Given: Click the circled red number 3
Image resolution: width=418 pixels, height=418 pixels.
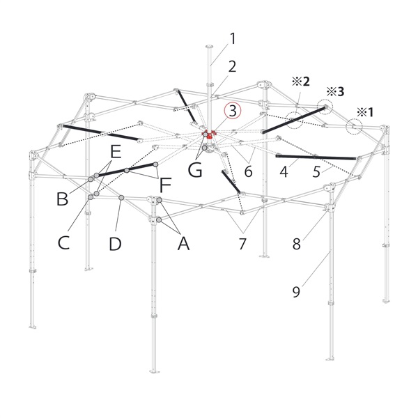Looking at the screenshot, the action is [233, 111].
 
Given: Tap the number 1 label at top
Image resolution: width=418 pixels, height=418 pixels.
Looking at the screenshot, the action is [233, 38].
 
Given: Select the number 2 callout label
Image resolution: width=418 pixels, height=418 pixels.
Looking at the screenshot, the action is [232, 67].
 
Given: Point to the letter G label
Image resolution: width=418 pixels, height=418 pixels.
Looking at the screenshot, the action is [195, 170].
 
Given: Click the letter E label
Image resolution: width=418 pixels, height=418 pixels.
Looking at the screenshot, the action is [116, 152].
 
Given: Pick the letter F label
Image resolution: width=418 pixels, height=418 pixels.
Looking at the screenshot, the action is [165, 185].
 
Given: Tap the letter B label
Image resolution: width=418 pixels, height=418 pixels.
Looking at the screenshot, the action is [63, 199].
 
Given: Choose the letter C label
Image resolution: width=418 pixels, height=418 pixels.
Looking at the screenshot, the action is [63, 242].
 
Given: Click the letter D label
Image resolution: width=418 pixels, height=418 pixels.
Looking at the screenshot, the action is [115, 244].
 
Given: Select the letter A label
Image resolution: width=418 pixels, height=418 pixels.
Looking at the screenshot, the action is [183, 243].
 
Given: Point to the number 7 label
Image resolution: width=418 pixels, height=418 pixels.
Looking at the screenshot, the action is [242, 244].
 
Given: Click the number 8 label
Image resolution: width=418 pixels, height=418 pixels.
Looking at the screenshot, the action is [297, 244].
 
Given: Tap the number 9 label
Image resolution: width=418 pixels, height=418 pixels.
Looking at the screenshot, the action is [297, 292].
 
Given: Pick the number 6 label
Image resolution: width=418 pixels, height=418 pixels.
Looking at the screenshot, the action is [248, 171].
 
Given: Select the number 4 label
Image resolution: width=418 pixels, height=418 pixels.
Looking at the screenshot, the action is [284, 171].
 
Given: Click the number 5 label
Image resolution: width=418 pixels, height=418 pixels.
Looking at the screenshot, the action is [316, 171].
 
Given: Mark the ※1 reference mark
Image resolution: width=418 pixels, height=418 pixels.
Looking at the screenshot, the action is [365, 112].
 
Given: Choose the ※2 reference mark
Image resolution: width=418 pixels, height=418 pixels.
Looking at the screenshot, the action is [301, 82].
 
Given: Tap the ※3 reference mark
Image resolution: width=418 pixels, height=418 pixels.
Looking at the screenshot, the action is [335, 92].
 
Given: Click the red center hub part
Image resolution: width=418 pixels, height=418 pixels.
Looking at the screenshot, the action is [209, 134].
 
